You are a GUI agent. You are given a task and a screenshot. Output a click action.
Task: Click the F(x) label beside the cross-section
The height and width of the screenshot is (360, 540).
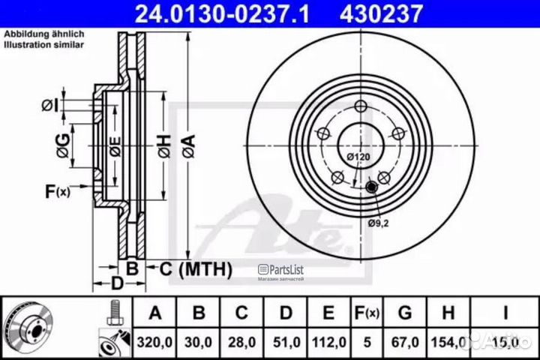56,192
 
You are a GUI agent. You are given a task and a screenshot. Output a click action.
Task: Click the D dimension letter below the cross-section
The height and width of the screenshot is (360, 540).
116,283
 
